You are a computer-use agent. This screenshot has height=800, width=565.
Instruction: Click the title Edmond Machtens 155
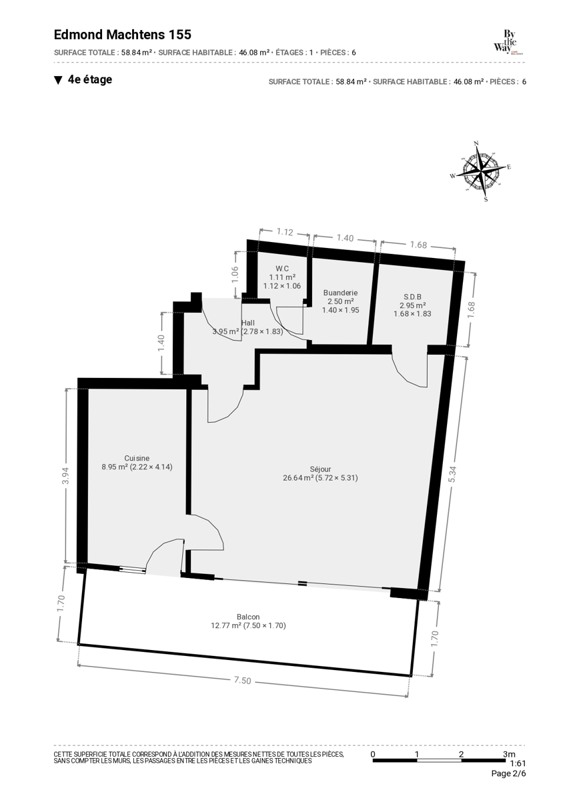coord(123,35)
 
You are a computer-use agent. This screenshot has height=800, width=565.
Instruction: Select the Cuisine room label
coord(137,458)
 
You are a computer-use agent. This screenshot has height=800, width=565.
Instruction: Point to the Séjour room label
coord(320,469)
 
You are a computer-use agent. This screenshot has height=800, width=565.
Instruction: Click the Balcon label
coord(248,617)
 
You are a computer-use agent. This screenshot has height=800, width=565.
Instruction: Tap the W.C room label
coord(282,268)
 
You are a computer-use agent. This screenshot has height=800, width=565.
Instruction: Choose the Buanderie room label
coord(340,293)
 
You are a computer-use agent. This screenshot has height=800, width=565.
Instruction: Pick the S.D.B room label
coord(412,297)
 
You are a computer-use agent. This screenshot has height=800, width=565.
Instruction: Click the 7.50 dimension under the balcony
coord(243,681)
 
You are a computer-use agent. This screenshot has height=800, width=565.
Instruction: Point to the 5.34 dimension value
coord(452,475)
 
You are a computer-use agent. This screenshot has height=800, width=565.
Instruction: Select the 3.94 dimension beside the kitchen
coord(66,476)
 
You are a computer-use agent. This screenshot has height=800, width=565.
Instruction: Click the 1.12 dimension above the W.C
coord(285,232)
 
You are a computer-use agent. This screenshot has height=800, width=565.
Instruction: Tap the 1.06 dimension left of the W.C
coord(234,275)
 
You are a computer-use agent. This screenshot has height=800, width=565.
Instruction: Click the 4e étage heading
coord(89,79)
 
